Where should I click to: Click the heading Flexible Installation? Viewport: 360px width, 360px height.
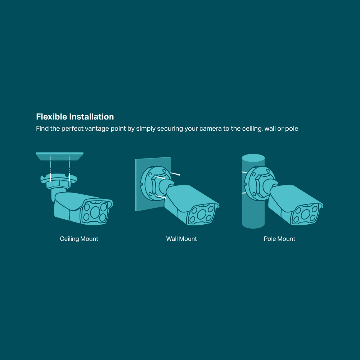point(75,117)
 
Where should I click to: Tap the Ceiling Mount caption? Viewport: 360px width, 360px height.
point(79,239)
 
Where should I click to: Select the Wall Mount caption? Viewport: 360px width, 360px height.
point(181,239)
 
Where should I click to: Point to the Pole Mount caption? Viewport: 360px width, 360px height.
point(279,239)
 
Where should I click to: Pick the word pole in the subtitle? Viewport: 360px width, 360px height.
point(292,129)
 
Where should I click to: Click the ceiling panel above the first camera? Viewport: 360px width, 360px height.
point(60,156)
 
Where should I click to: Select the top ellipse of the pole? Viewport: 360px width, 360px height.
point(253,158)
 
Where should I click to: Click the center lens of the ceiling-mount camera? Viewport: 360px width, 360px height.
point(95,212)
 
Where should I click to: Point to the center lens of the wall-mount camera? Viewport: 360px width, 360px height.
point(201,214)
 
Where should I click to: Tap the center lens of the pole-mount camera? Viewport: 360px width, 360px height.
point(305,214)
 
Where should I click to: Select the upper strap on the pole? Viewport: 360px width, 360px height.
point(244,172)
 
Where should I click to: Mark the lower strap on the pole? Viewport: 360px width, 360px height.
point(244,193)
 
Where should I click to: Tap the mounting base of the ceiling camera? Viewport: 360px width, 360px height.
point(59,179)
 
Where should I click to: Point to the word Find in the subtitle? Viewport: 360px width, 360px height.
point(42,129)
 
